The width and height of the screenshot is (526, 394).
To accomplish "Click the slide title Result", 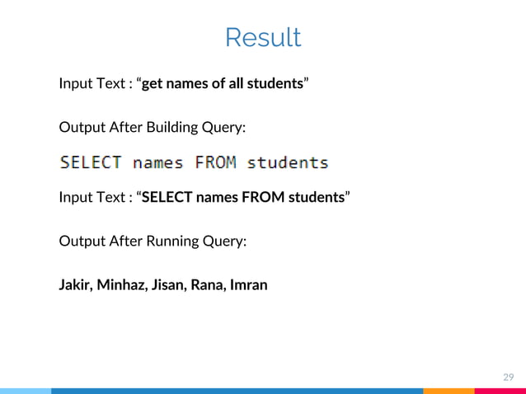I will click(x=263, y=38).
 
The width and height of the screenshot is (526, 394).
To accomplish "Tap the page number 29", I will click(x=509, y=378).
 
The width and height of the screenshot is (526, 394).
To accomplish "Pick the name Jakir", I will click(x=75, y=285).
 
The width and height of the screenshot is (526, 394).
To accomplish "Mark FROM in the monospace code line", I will click(x=214, y=162).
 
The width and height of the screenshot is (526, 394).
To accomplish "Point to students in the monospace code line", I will click(x=288, y=162).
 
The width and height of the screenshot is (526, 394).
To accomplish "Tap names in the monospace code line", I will click(x=158, y=162).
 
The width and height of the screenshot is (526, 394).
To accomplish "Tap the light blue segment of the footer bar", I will click(x=25, y=391).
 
